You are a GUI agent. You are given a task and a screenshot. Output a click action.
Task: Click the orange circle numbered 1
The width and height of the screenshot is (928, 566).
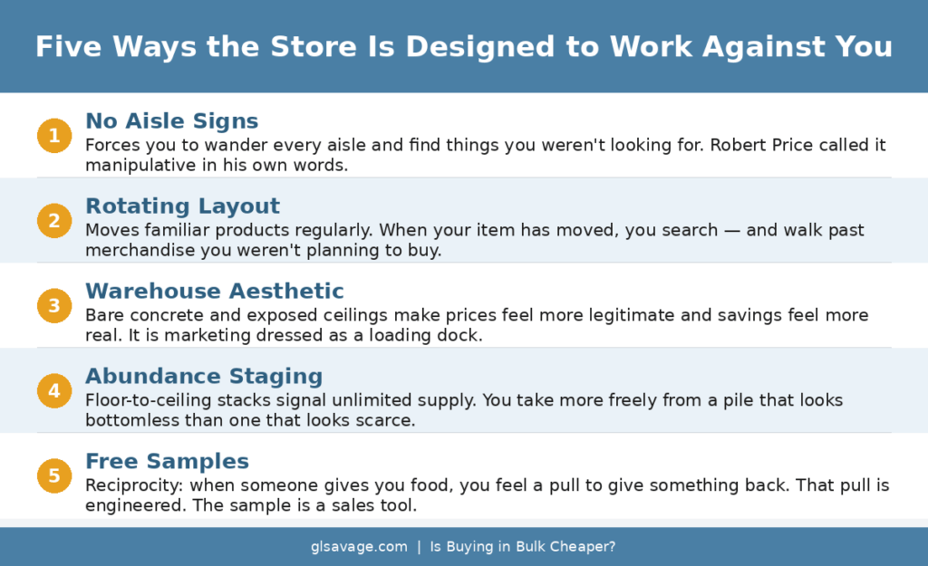coord(53,136)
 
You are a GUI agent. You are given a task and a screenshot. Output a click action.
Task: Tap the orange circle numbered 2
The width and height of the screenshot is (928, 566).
coord(53,220)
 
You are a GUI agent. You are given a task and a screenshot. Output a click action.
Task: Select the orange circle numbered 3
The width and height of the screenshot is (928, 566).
coord(53,305)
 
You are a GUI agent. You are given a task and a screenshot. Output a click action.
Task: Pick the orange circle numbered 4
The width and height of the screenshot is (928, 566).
coord(53,390)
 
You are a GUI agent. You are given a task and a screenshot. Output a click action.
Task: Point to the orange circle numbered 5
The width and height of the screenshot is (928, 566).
coord(53,475)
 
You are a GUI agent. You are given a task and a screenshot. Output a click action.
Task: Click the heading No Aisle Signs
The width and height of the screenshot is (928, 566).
coord(171,121)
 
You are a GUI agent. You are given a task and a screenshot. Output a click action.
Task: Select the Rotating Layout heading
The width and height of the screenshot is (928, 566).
coord(182,206)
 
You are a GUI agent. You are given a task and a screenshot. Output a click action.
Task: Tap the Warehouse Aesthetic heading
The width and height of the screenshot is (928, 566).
coord(214,292)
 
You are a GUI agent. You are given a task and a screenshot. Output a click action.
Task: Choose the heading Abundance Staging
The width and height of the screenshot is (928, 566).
coord(203,377)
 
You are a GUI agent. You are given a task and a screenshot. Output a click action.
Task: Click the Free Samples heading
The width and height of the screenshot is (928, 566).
coord(167,462)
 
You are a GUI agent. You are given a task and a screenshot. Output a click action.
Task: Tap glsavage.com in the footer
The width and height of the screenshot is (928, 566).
coord(359,547)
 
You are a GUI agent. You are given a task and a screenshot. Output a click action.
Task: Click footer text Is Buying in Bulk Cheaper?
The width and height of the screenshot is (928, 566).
coord(523,547)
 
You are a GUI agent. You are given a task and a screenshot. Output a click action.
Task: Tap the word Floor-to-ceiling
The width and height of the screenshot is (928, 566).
coord(141,400)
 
